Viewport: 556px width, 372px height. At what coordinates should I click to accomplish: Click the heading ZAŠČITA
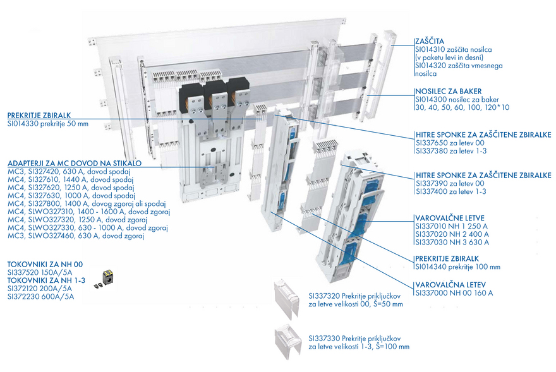tap(430, 42)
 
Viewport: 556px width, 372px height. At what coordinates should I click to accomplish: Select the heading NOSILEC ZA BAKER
tap(449, 91)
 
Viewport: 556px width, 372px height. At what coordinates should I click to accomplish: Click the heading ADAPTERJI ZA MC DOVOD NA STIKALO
tap(75, 164)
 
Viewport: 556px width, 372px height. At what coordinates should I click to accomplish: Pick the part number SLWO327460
tap(52, 236)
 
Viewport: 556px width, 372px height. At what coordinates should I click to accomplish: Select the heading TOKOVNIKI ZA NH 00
tap(45, 265)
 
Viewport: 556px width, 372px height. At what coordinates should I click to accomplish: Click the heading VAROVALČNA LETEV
tap(450, 285)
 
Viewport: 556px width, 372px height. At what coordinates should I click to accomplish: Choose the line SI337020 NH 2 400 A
tap(452, 234)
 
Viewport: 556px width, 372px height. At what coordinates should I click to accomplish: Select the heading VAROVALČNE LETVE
tap(450, 218)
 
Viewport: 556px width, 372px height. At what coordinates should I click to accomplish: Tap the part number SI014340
tap(431, 267)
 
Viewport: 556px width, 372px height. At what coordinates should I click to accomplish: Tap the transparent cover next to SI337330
tap(288, 341)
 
